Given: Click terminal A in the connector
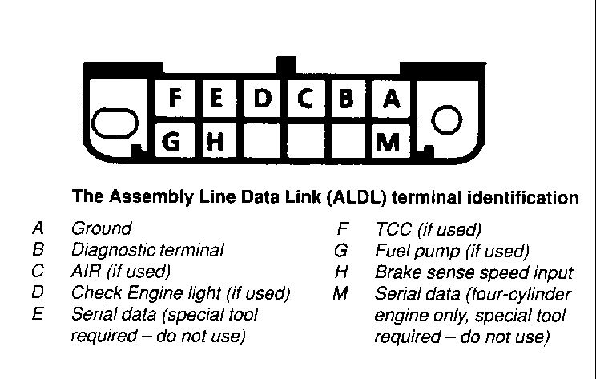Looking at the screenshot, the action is click(391, 99).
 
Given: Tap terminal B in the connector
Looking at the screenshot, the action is click(347, 99).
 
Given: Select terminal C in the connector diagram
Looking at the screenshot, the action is click(305, 99).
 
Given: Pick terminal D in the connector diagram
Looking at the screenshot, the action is click(262, 99).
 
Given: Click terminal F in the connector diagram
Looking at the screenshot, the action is click(175, 99).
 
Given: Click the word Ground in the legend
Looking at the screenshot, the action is click(101, 228).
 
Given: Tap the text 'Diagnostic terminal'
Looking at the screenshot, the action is click(147, 250).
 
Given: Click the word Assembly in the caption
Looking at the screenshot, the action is click(151, 196).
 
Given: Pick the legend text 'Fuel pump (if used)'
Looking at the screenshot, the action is click(452, 251).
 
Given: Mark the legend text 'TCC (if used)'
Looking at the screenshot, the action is click(428, 229).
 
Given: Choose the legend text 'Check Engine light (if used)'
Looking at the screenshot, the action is click(180, 293).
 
